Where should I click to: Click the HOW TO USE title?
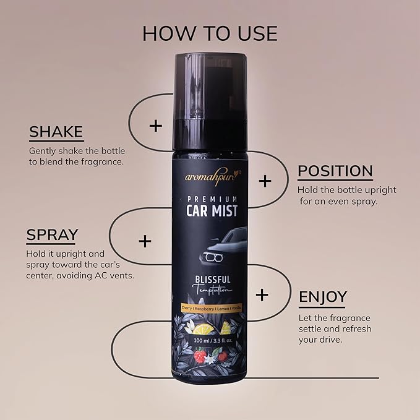click(210, 34)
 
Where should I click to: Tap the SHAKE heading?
click(56, 132)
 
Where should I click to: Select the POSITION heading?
click(335, 171)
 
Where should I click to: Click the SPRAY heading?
click(52, 234)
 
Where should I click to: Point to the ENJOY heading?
click(323, 297)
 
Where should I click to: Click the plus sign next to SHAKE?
click(156, 126)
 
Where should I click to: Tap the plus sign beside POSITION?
click(265, 181)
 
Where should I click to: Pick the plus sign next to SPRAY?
click(145, 241)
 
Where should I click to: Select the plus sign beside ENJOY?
click(262, 295)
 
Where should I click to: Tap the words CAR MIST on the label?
click(212, 210)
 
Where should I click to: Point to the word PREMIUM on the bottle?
click(212, 199)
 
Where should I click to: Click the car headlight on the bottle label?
click(213, 258)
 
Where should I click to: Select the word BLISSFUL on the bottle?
click(213, 280)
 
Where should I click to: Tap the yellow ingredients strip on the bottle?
click(212, 309)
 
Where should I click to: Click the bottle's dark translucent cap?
click(210, 102)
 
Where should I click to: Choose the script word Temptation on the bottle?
click(212, 290)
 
